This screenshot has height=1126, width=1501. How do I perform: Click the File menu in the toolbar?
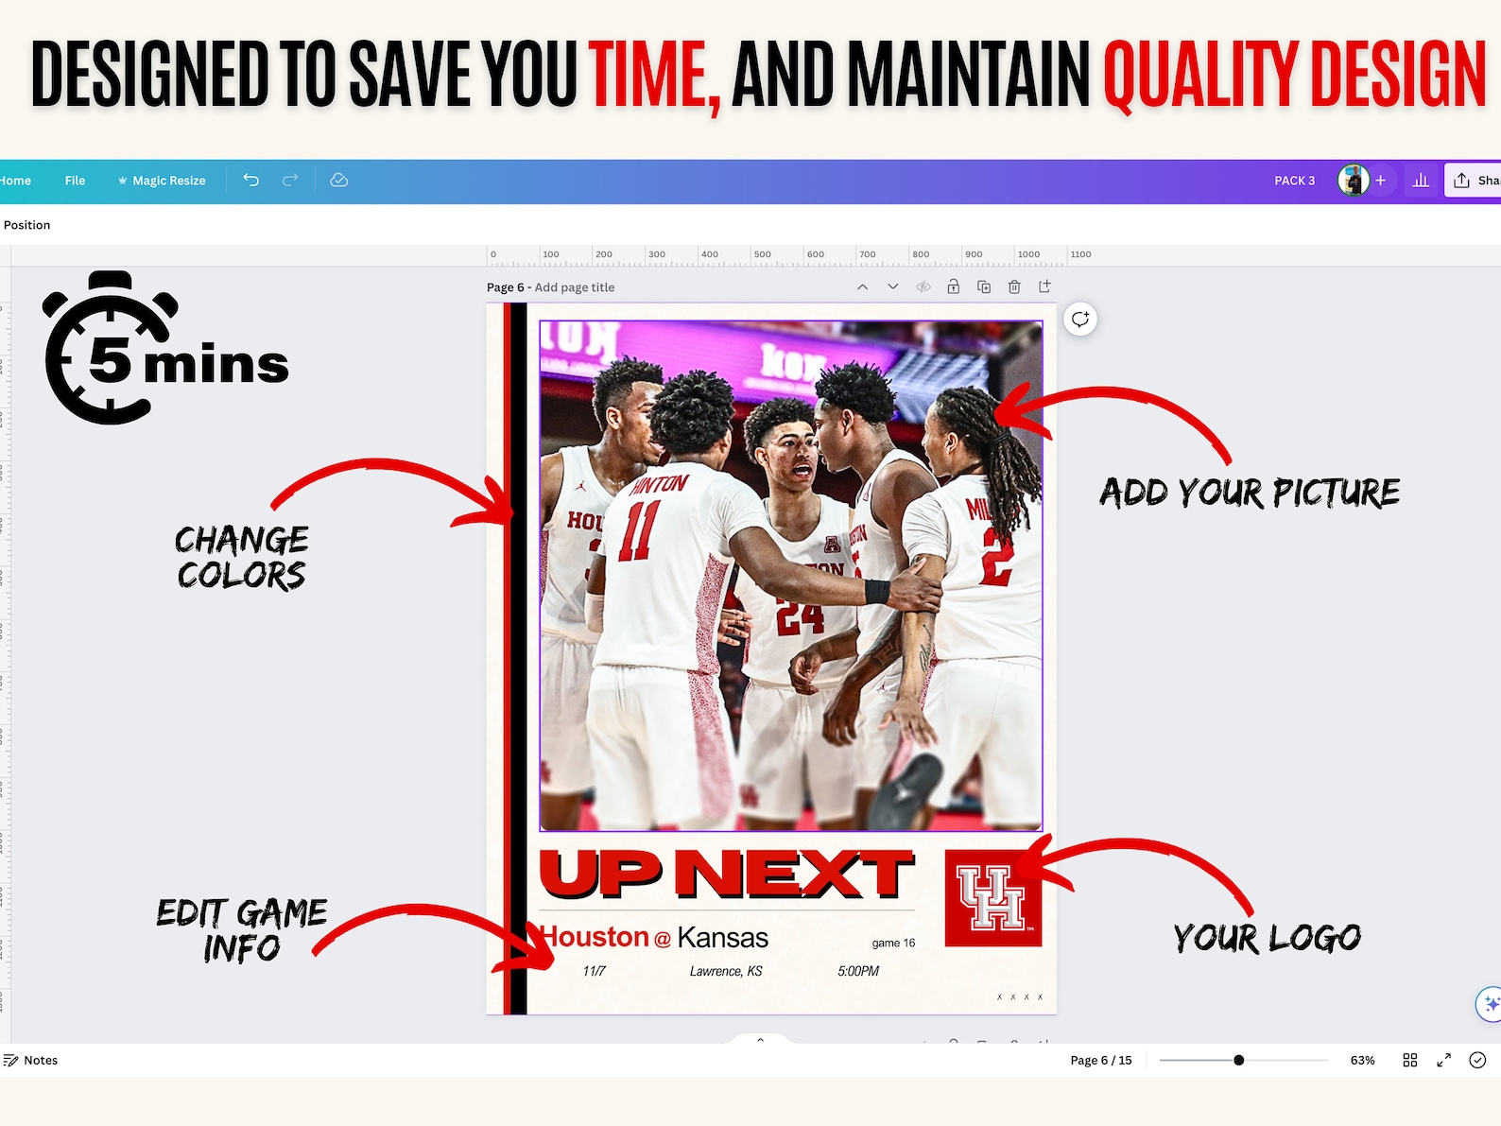pyautogui.click(x=75, y=181)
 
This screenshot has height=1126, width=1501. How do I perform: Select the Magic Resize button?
pyautogui.click(x=162, y=181)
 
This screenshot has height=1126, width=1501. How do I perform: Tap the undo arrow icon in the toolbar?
pyautogui.click(x=250, y=180)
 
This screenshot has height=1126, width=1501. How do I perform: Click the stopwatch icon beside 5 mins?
pyautogui.click(x=109, y=348)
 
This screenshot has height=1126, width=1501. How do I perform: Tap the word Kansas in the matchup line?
pyautogui.click(x=723, y=938)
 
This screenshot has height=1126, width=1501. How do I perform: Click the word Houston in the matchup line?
pyautogui.click(x=595, y=937)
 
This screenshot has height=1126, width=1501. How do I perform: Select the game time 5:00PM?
pyautogui.click(x=858, y=971)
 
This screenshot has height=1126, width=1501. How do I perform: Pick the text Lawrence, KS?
pyautogui.click(x=726, y=971)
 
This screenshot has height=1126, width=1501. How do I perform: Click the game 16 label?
pyautogui.click(x=893, y=943)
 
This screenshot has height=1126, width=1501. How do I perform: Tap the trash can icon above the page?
pyautogui.click(x=1014, y=286)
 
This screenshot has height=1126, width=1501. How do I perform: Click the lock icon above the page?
pyautogui.click(x=953, y=286)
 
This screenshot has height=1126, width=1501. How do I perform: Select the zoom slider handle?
pyautogui.click(x=1238, y=1060)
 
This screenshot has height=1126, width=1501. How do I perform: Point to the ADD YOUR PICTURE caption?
pyautogui.click(x=1249, y=493)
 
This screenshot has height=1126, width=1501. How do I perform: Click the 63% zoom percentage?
pyautogui.click(x=1362, y=1060)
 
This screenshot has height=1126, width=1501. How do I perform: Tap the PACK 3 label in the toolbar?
pyautogui.click(x=1294, y=181)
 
